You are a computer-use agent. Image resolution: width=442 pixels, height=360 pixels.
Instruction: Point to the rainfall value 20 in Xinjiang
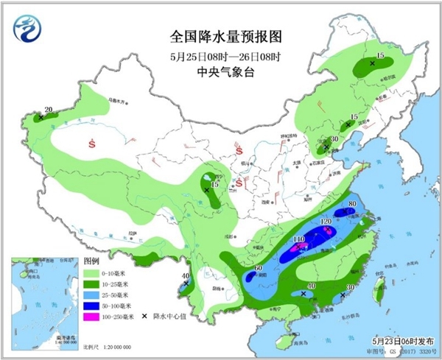(49, 110)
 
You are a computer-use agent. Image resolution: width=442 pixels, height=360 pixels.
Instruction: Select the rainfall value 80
(352, 203)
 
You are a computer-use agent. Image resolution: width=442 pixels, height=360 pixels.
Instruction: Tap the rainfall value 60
(259, 268)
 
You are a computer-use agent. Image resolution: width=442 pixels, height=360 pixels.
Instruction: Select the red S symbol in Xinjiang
(92, 142)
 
